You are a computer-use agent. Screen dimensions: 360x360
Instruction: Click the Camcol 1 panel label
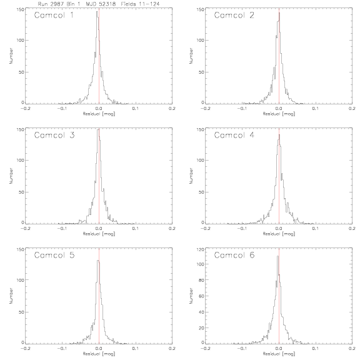54,15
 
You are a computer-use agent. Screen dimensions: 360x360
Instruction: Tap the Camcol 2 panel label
234,15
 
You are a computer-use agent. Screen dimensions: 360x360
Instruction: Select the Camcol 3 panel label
54,135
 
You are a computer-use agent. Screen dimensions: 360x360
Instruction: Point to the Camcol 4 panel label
234,135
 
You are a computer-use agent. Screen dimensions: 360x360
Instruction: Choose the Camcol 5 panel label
54,255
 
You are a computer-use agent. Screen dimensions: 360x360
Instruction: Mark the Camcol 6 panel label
234,255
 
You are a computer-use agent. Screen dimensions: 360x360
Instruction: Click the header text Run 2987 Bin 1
59,4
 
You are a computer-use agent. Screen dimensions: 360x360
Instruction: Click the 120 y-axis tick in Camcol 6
200,249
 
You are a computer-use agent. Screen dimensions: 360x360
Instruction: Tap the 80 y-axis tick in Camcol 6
201,280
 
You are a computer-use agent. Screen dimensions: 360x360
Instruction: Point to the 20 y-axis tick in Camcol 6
201,328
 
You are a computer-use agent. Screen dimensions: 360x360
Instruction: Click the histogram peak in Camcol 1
97,11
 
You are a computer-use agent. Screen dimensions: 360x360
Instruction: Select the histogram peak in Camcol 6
277,256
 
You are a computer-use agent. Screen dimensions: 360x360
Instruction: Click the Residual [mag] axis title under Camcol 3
99,234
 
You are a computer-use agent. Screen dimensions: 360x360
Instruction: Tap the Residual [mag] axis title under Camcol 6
279,354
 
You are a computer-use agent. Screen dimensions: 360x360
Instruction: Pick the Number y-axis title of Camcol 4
191,176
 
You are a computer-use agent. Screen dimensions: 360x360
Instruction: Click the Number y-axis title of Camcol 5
11,296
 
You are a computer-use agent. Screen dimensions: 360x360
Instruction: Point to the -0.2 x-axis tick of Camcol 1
25,109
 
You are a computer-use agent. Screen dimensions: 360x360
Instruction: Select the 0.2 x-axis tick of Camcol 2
352,109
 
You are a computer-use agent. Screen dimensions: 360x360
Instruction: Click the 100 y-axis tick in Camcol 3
20,160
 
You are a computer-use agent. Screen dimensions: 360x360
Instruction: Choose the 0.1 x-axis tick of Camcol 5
136,349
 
